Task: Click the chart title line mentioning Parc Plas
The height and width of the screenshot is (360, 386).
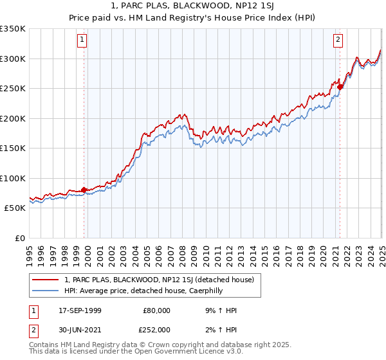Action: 192,6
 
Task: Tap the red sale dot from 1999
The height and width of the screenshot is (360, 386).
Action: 84,190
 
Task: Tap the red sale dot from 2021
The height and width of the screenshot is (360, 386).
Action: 340,87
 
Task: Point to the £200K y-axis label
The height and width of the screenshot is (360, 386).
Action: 13,118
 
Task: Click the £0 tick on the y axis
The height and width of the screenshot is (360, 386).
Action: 19,238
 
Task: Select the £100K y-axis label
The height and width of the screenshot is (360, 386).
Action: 13,178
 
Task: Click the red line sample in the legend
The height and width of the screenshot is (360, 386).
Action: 46,280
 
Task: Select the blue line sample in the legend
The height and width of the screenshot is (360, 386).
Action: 46,291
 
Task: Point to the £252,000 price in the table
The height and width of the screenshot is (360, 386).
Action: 157,329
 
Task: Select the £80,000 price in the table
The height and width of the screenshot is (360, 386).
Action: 157,310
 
